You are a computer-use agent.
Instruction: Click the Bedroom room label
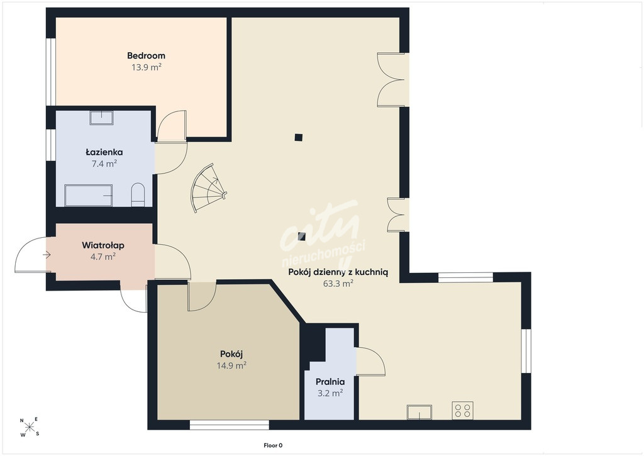146,55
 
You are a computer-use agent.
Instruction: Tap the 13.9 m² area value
146,67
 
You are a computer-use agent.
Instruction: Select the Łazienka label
104,152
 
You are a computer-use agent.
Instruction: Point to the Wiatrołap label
103,245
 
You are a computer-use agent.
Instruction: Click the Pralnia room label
330,382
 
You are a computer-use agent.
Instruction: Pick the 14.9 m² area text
231,365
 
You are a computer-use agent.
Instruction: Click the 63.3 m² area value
338,284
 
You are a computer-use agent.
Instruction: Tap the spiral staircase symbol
208,187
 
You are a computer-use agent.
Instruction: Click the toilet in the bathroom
138,194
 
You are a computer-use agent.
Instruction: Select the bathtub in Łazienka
88,195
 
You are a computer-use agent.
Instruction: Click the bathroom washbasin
101,118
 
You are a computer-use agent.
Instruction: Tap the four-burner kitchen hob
462,410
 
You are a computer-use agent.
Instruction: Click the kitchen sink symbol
419,412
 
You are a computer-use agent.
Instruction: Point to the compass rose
30,427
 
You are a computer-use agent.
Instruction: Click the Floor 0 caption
273,445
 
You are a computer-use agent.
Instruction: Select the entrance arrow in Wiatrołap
47,255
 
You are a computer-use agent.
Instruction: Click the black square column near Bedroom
299,138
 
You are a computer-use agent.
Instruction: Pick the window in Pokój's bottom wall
230,425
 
